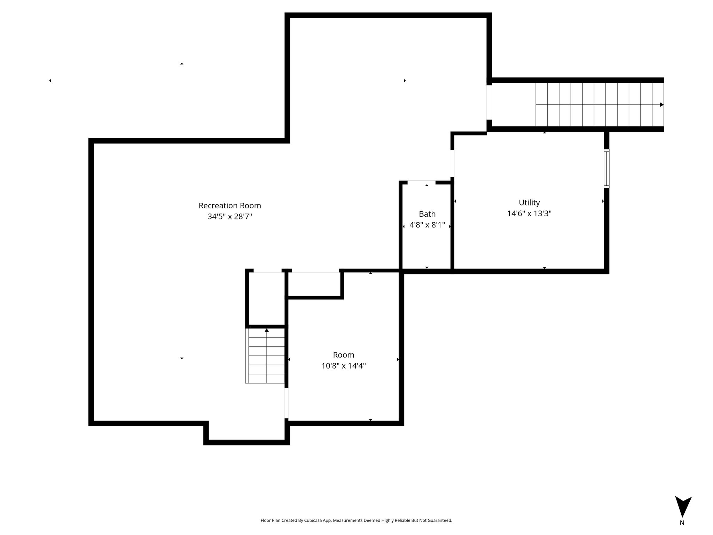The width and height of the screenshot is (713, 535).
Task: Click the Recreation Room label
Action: point(230,206)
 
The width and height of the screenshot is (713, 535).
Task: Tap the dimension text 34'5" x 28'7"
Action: point(230,216)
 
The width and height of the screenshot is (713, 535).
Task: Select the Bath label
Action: point(427,214)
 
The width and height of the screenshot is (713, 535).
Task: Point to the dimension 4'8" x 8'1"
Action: point(427,225)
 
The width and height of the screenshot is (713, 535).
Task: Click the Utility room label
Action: point(529,203)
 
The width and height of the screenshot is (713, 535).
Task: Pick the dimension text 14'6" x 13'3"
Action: point(529,214)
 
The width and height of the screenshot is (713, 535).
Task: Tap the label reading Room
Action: point(344,355)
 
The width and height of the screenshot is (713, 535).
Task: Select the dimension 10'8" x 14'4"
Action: point(344,366)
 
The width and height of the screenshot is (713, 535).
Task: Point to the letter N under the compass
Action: point(682,523)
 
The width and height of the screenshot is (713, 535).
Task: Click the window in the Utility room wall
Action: point(606,169)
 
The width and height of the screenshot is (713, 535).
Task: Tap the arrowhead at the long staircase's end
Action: point(662,104)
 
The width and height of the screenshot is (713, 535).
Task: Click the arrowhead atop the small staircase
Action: point(267,330)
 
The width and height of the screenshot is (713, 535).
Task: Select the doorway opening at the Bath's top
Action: point(421,183)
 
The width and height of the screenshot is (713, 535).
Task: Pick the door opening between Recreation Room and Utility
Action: point(453,163)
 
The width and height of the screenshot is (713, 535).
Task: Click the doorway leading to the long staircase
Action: point(489,102)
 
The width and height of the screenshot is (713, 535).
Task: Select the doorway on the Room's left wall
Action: point(287,403)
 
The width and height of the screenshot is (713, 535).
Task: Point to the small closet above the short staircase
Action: point(267,299)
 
